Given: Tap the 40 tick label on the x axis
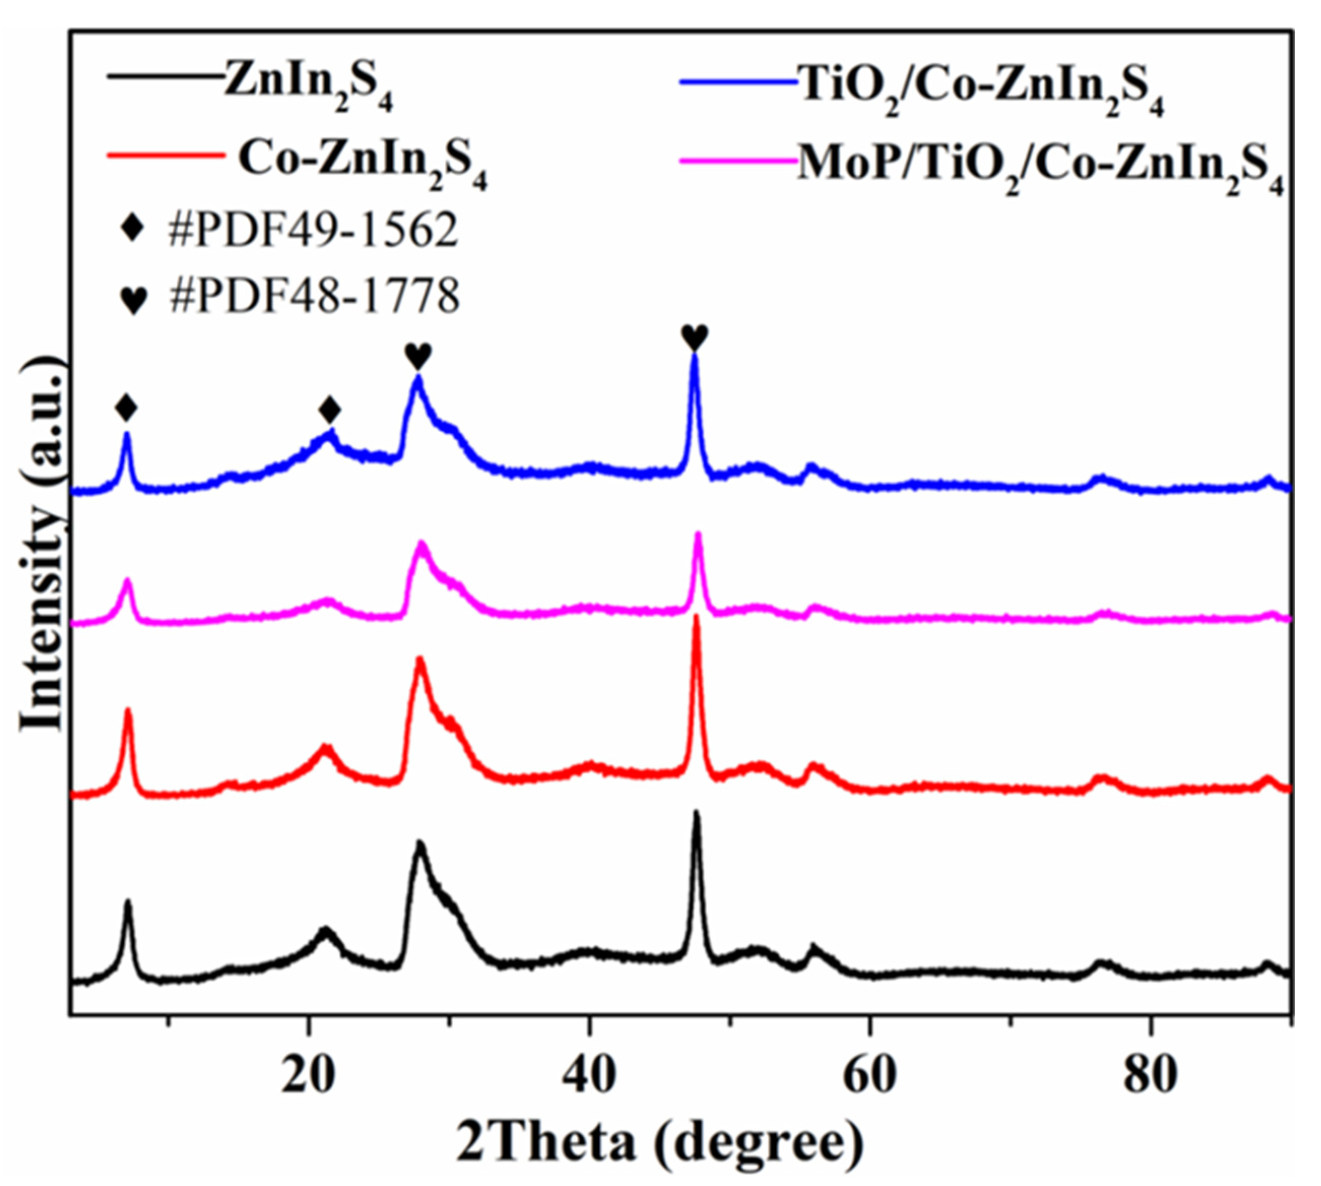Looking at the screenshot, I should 589,1077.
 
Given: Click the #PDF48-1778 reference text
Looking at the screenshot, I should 315,297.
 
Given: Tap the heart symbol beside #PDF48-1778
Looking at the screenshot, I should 134,299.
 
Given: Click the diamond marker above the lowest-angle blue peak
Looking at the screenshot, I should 126,408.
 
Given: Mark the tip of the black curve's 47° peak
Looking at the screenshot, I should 697,812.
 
